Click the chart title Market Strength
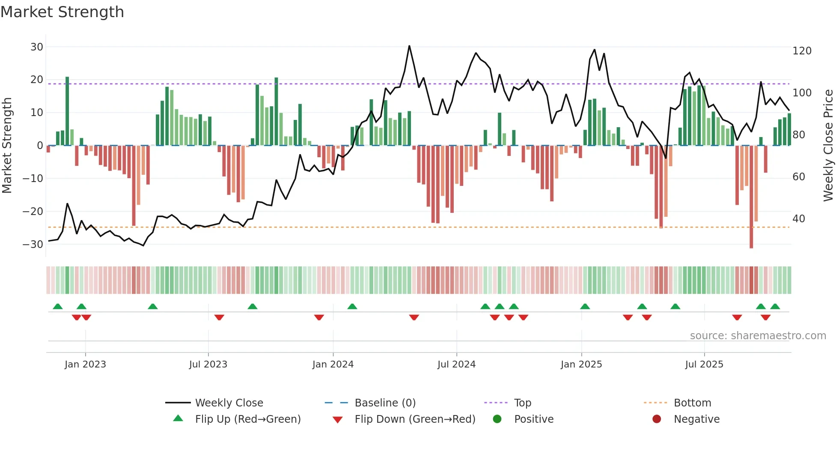(62, 12)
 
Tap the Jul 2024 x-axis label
(456, 364)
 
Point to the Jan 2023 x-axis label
(85, 364)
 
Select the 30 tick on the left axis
(37, 47)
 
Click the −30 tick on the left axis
(33, 245)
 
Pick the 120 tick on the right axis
(802, 51)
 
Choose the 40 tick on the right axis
(798, 219)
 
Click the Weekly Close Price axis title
(828, 146)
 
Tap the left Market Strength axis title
(7, 146)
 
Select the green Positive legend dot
(497, 419)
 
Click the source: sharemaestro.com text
(758, 336)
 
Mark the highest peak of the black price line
(409, 46)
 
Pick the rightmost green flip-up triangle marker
(775, 306)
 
